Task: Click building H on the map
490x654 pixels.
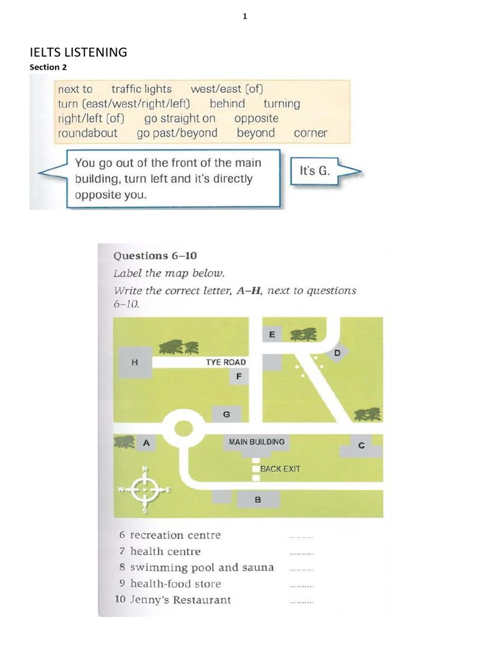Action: coord(133,361)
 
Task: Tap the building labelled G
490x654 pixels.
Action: coord(226,414)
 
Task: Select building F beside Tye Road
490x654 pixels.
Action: coord(238,376)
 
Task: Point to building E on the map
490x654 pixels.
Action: coord(272,334)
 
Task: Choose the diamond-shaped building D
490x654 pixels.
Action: coord(337,353)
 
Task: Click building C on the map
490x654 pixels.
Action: coord(361,446)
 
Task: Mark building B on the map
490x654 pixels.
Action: coord(257,499)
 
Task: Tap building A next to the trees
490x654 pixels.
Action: coord(146,442)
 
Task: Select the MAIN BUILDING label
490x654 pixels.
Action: coord(256,441)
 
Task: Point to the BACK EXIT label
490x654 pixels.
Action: coord(280,469)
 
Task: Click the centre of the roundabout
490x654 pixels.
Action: coord(182,429)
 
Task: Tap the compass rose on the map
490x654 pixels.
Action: coord(145,490)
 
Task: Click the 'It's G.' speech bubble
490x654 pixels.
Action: coord(314,171)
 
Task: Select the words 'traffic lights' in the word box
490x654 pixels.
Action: coord(141,89)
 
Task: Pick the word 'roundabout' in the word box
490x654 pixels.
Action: coord(87,133)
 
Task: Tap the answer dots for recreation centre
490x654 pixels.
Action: coord(301,536)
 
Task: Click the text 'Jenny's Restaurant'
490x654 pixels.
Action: coord(181,600)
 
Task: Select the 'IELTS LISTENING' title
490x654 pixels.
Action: coord(78,52)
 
